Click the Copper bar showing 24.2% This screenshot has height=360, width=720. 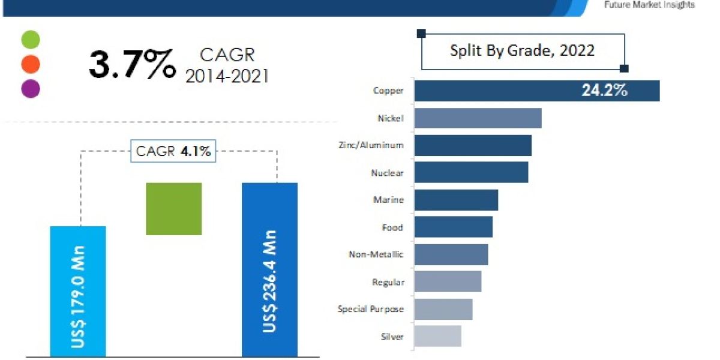[x=537, y=91]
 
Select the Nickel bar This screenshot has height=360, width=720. [x=478, y=118]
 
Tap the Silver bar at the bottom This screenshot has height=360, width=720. [x=437, y=336]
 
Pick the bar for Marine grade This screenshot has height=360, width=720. [x=456, y=200]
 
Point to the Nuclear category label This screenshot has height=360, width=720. [x=387, y=173]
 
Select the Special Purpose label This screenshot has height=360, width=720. [x=370, y=309]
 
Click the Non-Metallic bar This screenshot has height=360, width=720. [x=451, y=254]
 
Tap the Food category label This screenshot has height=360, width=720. [x=392, y=227]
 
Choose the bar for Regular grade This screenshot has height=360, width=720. [x=448, y=281]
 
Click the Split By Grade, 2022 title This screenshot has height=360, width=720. [x=523, y=50]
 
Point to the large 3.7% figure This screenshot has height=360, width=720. [x=132, y=64]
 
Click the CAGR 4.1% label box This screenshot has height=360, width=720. [x=173, y=151]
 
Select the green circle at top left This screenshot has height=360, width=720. [x=31, y=40]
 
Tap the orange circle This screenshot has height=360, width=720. [x=31, y=64]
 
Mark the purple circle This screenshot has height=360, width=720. [x=31, y=89]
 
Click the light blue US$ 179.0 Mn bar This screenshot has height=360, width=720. [x=78, y=291]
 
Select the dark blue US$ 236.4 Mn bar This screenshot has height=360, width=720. [x=269, y=269]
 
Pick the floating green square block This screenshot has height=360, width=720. [x=174, y=209]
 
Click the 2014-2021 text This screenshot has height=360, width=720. [x=227, y=76]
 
